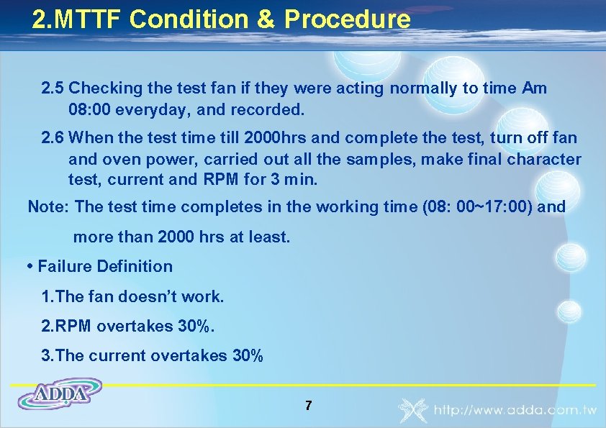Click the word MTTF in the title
89,19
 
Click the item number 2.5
53,88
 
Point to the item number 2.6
53,137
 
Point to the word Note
46,207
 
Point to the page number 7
308,406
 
